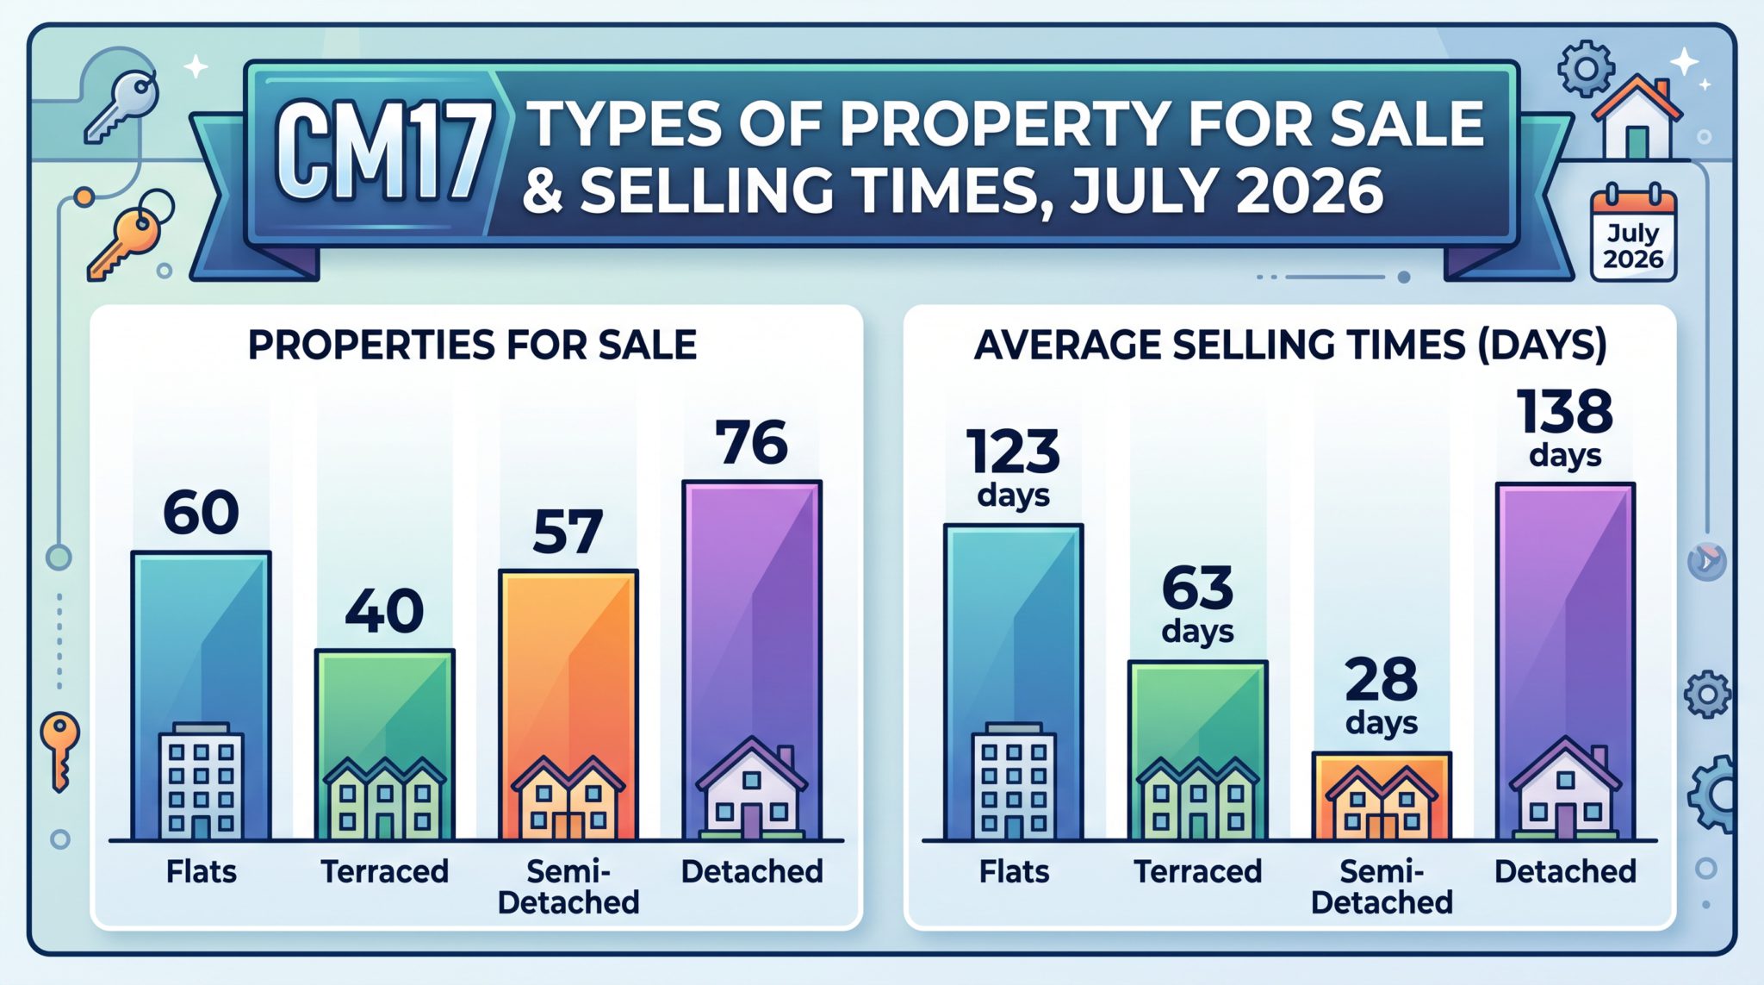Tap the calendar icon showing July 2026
click(x=1633, y=234)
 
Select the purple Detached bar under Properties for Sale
click(x=752, y=660)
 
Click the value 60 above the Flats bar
click(x=201, y=513)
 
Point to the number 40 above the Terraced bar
click(x=384, y=611)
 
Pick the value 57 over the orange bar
click(x=567, y=532)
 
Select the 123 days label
click(x=1013, y=468)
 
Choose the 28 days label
click(x=1382, y=696)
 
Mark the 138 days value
click(x=1565, y=427)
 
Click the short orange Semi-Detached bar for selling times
click(x=1382, y=795)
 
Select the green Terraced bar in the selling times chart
click(x=1197, y=750)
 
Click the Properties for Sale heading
click(x=472, y=345)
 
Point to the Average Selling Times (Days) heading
click(x=1290, y=345)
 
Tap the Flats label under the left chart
click(x=201, y=871)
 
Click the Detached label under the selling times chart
click(x=1565, y=871)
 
